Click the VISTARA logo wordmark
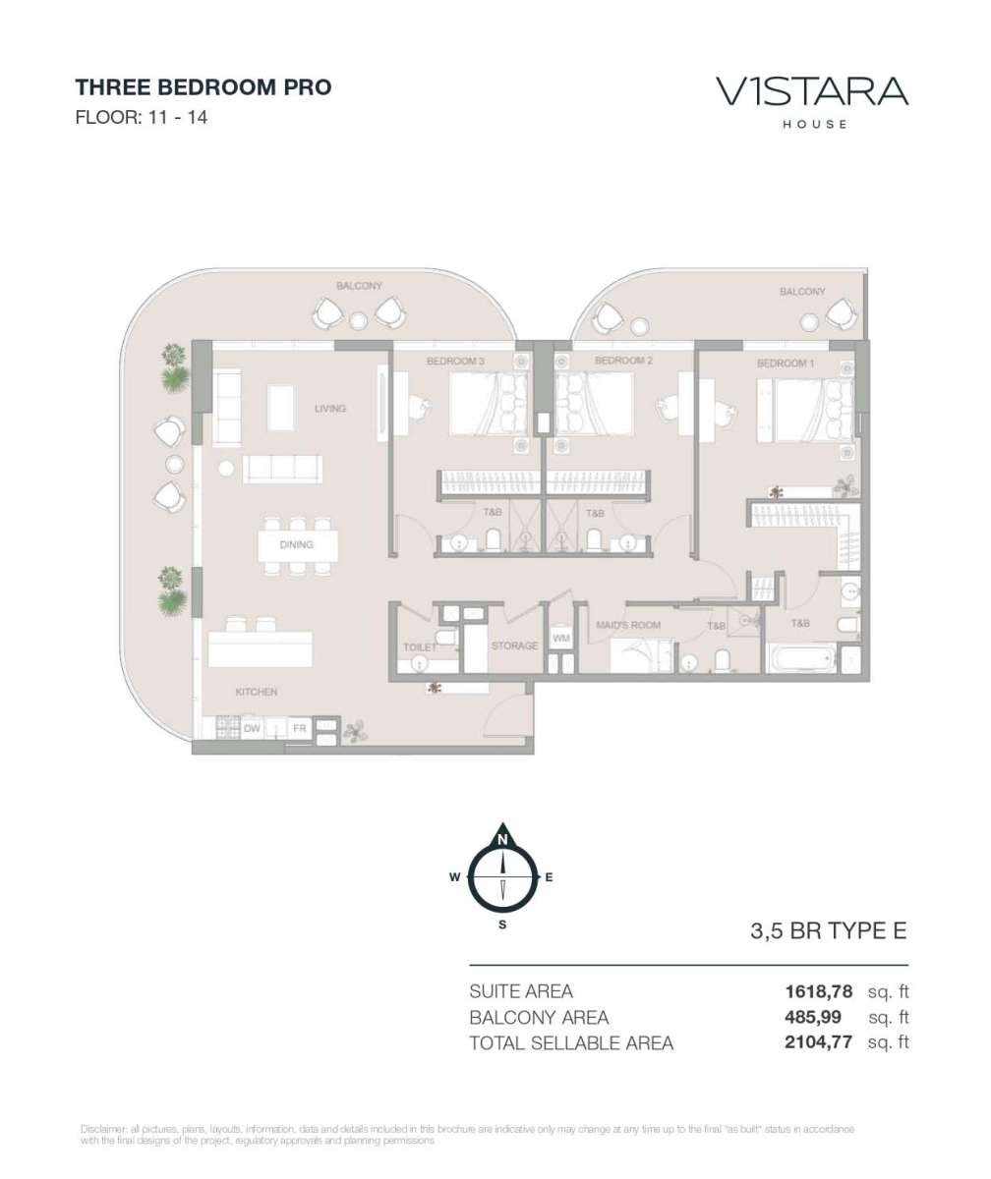click(x=812, y=91)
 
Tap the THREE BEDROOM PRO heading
click(x=204, y=87)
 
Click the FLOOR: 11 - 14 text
click(x=142, y=118)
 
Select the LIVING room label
click(x=330, y=409)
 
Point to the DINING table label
click(x=297, y=544)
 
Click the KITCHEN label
click(x=257, y=692)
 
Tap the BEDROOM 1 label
click(x=786, y=364)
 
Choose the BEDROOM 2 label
click(x=623, y=361)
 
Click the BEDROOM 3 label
click(x=455, y=361)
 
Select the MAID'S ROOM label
click(x=628, y=625)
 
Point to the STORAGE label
click(x=514, y=646)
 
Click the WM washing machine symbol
click(x=561, y=638)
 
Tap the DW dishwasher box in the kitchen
click(x=252, y=728)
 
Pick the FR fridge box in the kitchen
click(x=300, y=728)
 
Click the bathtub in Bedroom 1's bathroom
click(x=801, y=658)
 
